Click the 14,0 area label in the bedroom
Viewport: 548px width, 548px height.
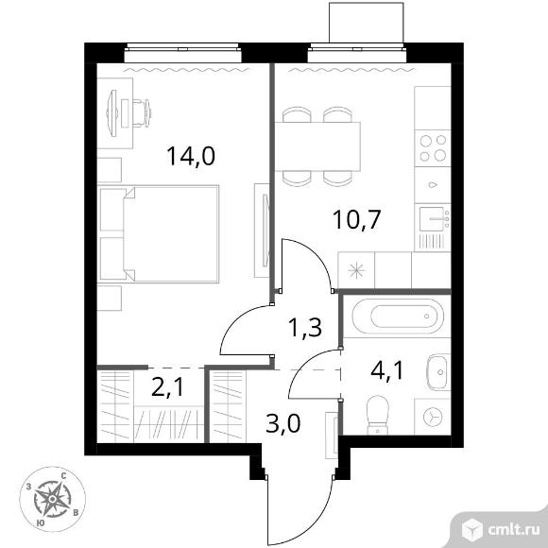click(191, 156)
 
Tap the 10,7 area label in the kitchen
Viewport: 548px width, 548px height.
click(356, 219)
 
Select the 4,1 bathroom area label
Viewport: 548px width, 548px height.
click(387, 370)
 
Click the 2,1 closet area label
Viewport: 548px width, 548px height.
click(168, 387)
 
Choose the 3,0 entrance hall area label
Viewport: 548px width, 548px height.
click(283, 423)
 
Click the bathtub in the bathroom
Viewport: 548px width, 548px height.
click(398, 317)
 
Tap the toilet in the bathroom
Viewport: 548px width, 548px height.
click(378, 415)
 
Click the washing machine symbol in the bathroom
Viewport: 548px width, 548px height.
click(433, 417)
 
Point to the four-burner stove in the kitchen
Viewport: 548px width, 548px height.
click(433, 148)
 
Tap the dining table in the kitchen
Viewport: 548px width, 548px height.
click(317, 146)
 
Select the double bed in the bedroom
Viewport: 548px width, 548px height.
click(159, 233)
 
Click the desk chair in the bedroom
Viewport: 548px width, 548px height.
click(142, 112)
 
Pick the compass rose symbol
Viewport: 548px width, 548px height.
click(52, 499)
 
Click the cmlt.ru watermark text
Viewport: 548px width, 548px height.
click(513, 530)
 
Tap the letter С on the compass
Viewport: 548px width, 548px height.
click(64, 475)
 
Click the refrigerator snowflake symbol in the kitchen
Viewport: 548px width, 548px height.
click(356, 270)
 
